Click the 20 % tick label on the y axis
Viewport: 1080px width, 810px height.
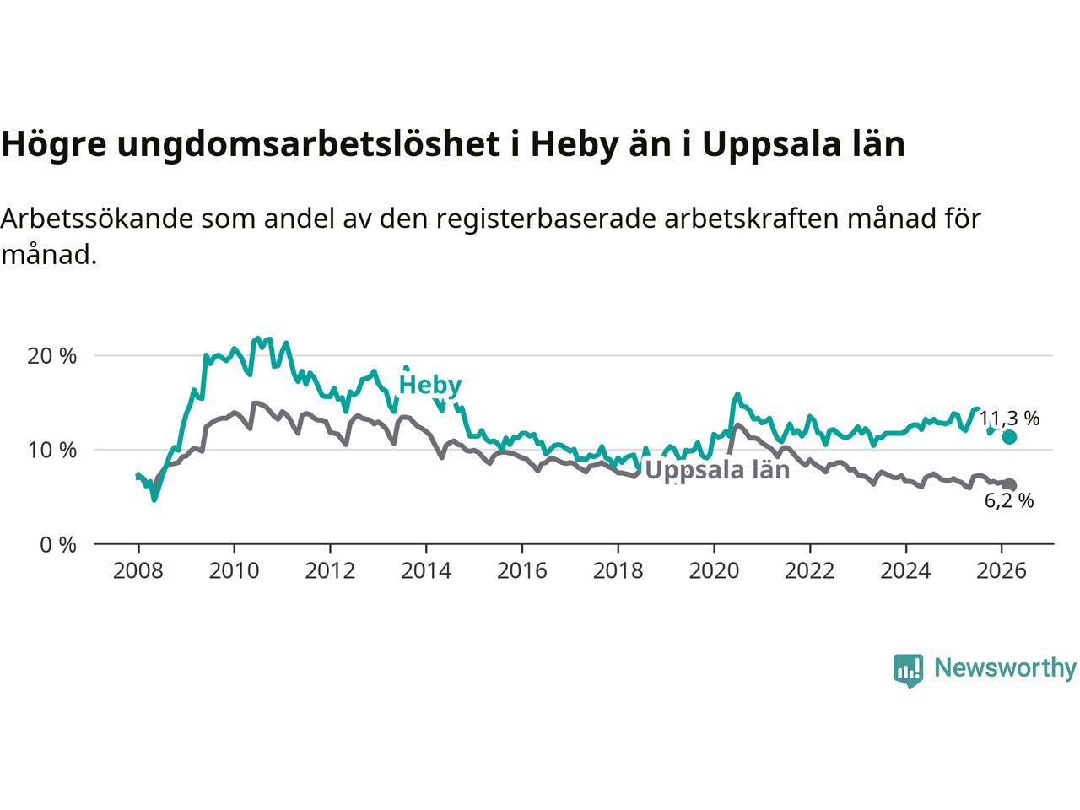click(x=52, y=356)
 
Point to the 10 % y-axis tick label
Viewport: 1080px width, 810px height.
click(x=52, y=451)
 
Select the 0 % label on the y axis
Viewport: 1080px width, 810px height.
click(x=57, y=545)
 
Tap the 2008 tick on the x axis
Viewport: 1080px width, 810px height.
click(x=138, y=571)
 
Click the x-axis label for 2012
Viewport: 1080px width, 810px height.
click(x=330, y=571)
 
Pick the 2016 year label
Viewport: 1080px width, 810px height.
click(x=522, y=571)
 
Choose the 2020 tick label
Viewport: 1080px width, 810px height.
click(x=714, y=571)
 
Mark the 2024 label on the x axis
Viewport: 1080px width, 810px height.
click(x=905, y=571)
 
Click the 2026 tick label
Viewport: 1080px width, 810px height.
click(x=1002, y=571)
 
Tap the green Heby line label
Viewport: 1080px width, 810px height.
click(x=430, y=386)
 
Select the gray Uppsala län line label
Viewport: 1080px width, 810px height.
click(x=717, y=470)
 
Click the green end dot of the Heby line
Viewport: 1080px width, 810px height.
click(x=1009, y=436)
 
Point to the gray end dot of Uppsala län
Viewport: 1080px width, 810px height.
click(x=1009, y=485)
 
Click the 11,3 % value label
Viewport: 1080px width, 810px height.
click(x=1009, y=418)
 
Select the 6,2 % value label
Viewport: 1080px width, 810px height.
click(x=1009, y=501)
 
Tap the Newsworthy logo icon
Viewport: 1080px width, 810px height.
click(x=908, y=670)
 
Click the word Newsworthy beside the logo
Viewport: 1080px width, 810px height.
click(x=1005, y=668)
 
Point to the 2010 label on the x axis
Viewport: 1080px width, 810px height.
click(x=234, y=571)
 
